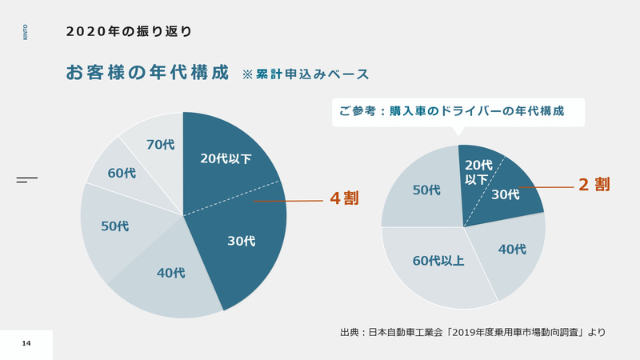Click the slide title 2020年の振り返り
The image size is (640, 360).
pos(129,32)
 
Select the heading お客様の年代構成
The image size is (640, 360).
pos(147,72)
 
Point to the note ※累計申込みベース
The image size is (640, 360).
pos(306,74)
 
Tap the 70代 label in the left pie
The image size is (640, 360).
pos(160,145)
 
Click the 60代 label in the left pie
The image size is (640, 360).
pos(122,173)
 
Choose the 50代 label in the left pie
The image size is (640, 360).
pos(114,226)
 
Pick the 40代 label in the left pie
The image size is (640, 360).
pos(170,273)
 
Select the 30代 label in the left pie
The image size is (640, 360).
pos(242,241)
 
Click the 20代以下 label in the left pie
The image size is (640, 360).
pos(226,158)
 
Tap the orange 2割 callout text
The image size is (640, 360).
pos(594,185)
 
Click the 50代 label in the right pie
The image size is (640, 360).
pos(426,190)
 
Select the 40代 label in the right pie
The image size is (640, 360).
pos(512,249)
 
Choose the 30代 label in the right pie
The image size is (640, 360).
pos(506,194)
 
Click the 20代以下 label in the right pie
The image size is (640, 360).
pos(477,171)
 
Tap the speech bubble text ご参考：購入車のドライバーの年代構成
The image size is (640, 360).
pos(451,112)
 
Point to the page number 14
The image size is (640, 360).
pos(26,343)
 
